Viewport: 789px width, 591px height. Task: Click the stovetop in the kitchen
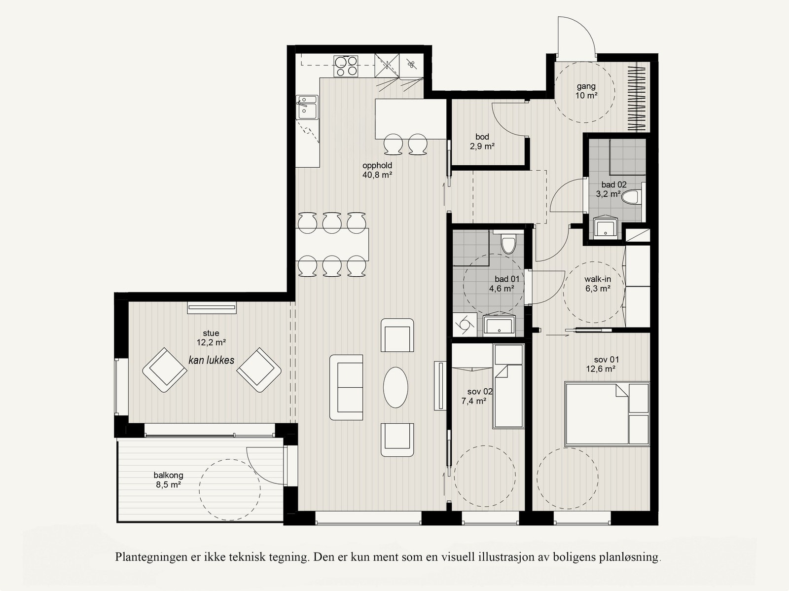point(346,66)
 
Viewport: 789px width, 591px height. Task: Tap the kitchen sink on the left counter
point(307,107)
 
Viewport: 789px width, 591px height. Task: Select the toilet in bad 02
point(632,197)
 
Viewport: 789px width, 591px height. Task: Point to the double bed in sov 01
point(607,414)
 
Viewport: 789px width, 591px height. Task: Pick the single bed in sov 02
point(508,386)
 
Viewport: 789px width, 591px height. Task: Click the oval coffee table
point(395,387)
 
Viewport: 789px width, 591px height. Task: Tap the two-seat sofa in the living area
point(346,387)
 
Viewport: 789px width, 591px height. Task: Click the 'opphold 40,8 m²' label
point(377,170)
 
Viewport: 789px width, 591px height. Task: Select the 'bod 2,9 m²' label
point(482,141)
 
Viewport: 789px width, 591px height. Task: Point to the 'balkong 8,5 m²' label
point(168,480)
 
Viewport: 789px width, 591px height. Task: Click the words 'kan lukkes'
point(212,360)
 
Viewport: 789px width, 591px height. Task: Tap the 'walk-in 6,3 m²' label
point(598,284)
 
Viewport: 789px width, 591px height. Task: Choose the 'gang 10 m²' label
point(586,91)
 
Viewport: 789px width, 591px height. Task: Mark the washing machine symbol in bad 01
point(465,325)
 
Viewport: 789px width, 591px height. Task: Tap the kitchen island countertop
point(411,119)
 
